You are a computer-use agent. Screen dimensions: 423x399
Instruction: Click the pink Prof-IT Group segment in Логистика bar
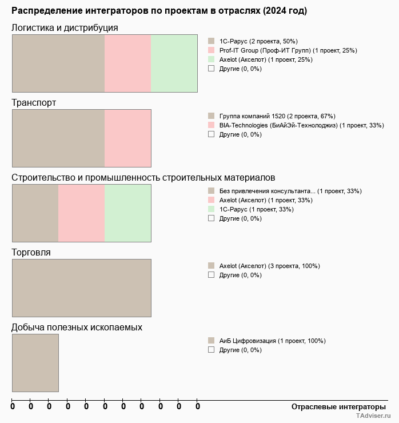pos(127,63)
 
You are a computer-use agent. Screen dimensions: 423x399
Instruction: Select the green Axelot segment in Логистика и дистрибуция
pos(174,63)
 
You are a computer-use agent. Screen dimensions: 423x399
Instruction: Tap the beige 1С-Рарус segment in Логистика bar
pos(58,63)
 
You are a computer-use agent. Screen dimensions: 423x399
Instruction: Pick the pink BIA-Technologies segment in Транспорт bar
pos(127,138)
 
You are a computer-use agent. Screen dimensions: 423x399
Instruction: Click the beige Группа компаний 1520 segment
pos(58,138)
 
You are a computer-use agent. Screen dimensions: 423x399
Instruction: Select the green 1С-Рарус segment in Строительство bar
pos(127,213)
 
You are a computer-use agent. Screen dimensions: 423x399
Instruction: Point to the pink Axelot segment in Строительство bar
pos(81,213)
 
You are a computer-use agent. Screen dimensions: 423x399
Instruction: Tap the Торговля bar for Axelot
pos(81,288)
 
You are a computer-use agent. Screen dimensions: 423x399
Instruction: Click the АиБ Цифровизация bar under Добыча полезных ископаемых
pos(35,362)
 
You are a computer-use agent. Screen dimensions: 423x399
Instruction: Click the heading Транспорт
pos(34,102)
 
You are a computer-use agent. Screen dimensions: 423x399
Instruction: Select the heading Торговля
pos(31,252)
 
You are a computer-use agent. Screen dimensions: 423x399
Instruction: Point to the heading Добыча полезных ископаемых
pos(77,327)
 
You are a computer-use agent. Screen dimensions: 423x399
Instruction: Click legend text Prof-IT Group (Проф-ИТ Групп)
pos(288,50)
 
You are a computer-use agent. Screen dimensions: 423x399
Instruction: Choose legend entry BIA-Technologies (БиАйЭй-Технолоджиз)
pos(301,125)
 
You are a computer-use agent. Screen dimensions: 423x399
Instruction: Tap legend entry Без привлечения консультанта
pos(290,191)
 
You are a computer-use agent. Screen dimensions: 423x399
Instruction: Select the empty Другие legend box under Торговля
pos(211,275)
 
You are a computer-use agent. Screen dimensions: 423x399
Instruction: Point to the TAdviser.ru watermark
pos(373,417)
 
